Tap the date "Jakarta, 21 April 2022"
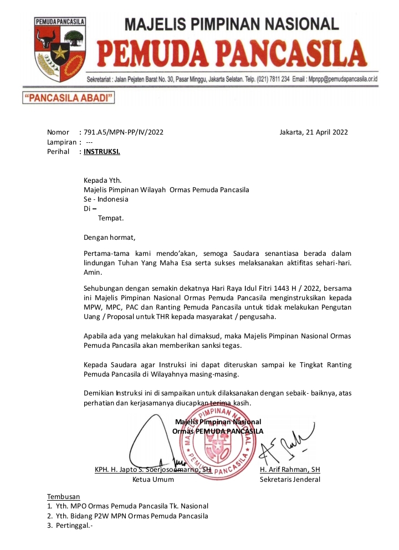point(314,132)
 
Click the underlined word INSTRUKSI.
point(101,151)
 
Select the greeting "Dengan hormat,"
point(109,238)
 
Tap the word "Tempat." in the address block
point(111,218)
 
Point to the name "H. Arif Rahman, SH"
point(290,470)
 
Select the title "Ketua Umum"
point(152,480)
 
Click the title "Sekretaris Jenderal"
point(290,480)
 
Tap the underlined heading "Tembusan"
point(64,496)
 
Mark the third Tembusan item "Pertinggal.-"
point(74,526)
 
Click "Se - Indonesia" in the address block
point(106,199)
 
